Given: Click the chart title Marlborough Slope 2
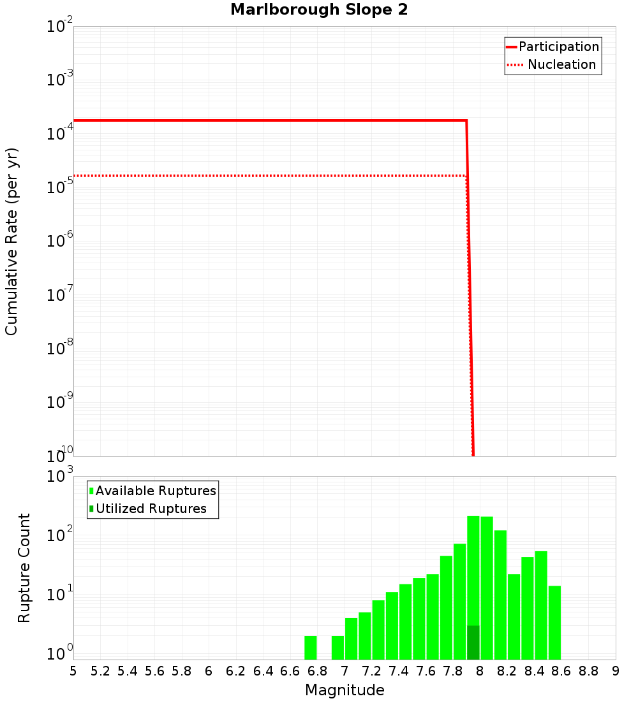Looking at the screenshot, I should [x=319, y=10].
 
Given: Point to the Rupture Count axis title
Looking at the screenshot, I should [x=24, y=568].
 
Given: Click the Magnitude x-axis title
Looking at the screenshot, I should [x=345, y=690].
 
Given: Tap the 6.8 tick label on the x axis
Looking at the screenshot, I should [x=317, y=671].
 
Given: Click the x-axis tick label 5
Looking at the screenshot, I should [x=73, y=671].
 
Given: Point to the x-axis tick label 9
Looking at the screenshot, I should [x=616, y=671].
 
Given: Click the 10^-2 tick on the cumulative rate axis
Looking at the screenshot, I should [x=61, y=27].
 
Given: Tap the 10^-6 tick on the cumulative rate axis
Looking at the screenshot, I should [x=61, y=242].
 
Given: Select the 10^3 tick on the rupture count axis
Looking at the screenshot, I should [x=61, y=476].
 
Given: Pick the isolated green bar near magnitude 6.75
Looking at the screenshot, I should [x=311, y=647].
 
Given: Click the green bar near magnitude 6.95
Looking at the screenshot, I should [x=338, y=647].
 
